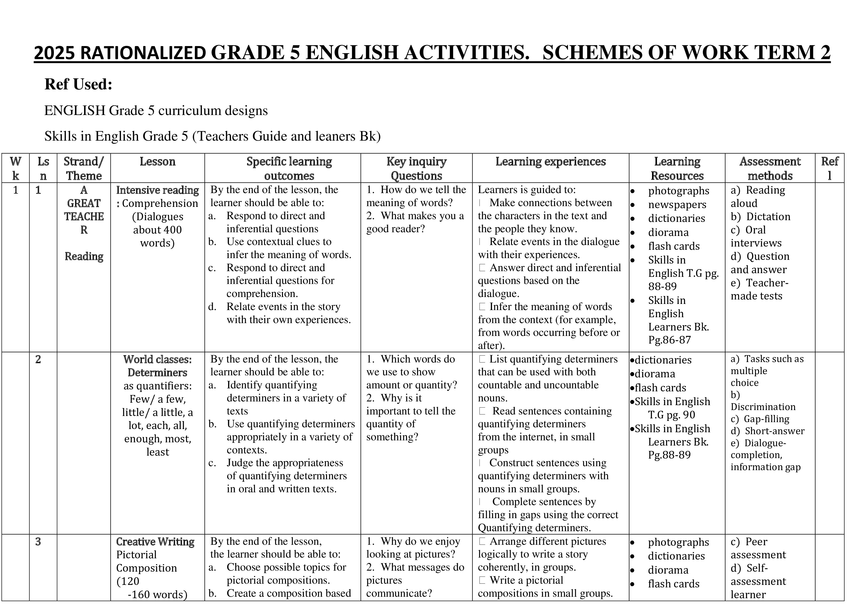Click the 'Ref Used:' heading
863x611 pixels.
(78, 84)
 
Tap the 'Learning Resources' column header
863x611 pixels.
(677, 168)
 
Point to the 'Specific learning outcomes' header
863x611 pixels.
(289, 168)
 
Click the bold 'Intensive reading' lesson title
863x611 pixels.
(157, 190)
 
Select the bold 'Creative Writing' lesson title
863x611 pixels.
(155, 542)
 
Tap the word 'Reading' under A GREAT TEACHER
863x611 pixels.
(84, 257)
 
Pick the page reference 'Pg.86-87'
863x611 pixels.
(669, 340)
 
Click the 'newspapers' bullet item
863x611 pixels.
(677, 205)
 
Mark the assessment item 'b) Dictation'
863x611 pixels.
(760, 217)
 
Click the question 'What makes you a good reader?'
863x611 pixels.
(415, 222)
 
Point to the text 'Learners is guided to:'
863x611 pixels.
(527, 190)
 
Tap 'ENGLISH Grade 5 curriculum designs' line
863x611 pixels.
(156, 111)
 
